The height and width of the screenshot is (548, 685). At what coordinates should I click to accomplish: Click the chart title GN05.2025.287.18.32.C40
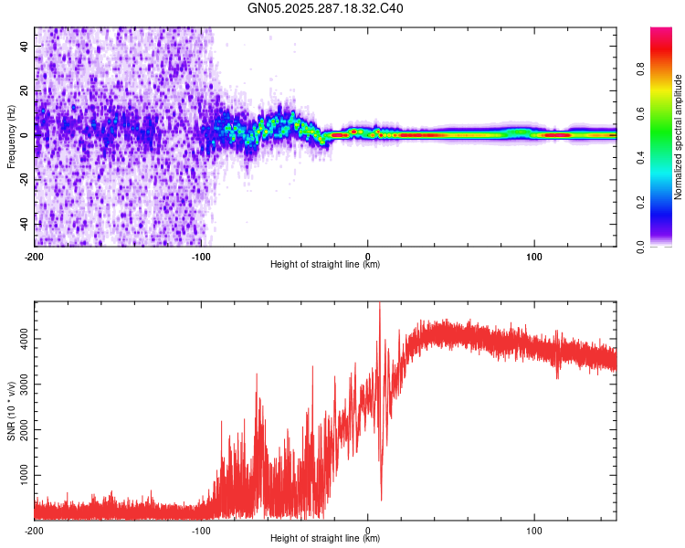[326, 9]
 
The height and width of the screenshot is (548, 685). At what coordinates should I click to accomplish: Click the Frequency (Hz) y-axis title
[11, 137]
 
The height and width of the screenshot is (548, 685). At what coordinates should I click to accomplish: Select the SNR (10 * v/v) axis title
[11, 409]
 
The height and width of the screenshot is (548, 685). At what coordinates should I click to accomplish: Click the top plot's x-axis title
[325, 264]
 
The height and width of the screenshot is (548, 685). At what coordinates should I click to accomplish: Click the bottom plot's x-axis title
[325, 538]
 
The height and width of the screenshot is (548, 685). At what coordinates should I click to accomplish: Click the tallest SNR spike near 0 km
[379, 305]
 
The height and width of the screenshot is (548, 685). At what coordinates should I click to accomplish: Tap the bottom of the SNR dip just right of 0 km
[381, 500]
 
